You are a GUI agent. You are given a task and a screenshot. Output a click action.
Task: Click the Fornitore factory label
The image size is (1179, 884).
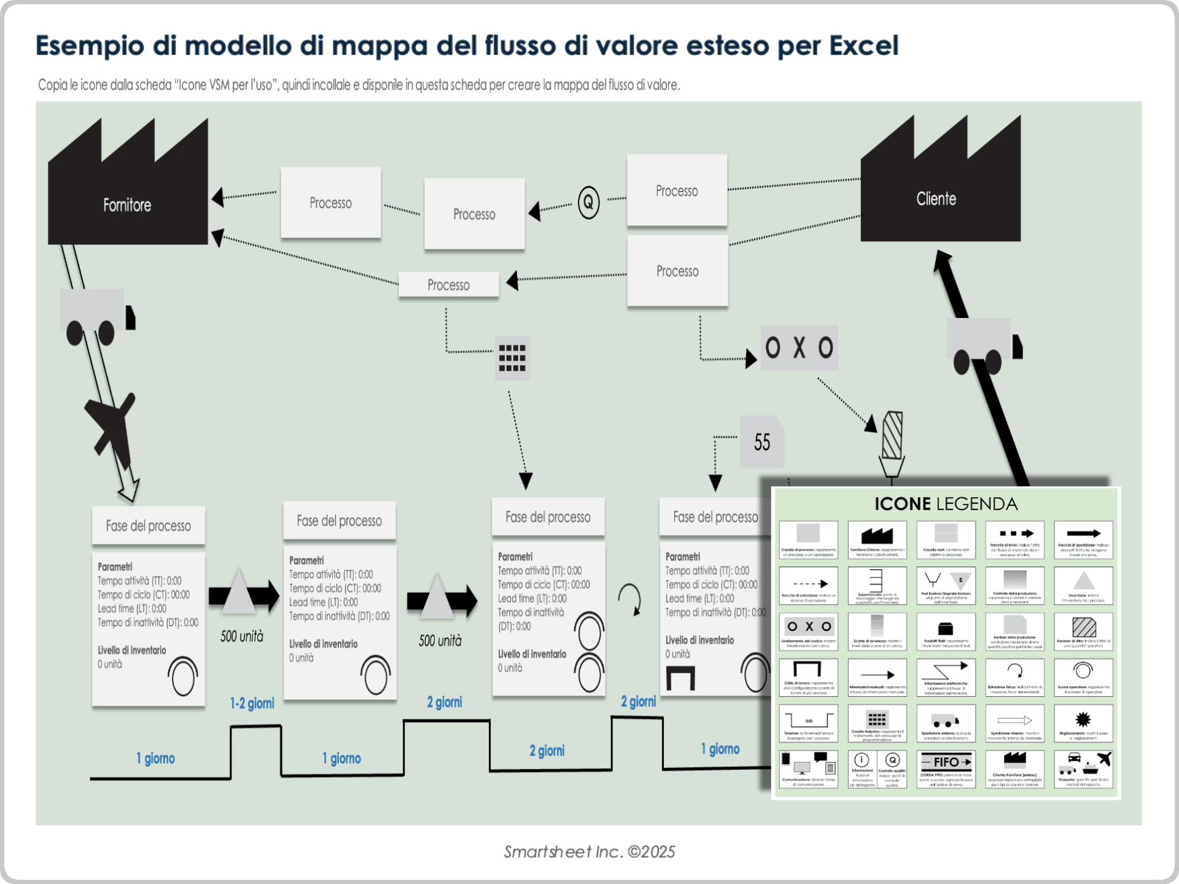127,205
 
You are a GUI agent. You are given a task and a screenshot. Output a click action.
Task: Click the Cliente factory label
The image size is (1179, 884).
936,199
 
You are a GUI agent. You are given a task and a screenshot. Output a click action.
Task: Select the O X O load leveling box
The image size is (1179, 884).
799,347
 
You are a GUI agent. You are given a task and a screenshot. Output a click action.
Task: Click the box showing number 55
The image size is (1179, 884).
762,442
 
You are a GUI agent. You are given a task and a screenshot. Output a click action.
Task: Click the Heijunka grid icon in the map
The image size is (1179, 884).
512,358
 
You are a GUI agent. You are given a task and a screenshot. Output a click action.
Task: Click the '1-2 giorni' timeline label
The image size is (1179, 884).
252,704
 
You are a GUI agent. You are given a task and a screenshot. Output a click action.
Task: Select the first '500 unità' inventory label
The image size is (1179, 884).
242,637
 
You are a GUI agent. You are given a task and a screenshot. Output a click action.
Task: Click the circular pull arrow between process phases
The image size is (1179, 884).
630,599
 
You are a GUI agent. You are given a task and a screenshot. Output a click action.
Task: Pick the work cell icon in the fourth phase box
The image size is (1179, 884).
680,678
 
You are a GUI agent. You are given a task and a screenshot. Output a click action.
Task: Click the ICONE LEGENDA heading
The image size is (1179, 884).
946,504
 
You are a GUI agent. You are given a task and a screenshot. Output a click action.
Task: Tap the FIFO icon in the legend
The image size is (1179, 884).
946,762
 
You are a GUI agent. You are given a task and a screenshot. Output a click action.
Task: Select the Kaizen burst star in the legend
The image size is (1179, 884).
1083,719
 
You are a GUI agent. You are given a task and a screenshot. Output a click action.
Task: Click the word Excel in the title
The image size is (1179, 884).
863,45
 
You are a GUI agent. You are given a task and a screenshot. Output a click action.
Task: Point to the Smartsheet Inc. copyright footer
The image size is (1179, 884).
589,852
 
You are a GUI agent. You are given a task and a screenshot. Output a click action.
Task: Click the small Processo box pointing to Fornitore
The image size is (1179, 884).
448,285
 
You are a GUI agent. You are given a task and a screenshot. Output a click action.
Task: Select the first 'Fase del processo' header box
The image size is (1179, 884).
148,525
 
